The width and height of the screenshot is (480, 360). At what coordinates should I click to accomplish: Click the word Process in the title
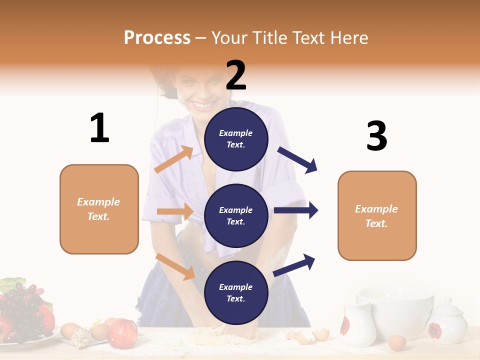click(157, 37)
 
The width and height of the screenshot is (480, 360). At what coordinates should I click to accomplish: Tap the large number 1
click(99, 128)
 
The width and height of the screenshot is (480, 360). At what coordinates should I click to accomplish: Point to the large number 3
click(376, 136)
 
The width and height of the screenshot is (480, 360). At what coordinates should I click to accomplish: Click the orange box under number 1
click(99, 209)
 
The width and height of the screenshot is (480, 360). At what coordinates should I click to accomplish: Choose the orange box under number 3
click(377, 215)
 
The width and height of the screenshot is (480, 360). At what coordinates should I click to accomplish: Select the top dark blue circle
click(236, 138)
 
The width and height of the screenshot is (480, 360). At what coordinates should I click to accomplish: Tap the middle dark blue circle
click(236, 215)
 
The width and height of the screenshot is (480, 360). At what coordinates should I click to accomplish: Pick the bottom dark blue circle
click(236, 292)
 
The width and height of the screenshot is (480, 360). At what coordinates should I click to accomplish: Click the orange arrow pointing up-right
click(174, 159)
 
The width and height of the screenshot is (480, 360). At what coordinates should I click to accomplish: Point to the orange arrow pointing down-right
click(175, 266)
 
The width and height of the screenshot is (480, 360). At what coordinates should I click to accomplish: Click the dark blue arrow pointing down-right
click(297, 160)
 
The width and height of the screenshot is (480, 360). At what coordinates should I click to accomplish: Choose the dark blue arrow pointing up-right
click(294, 265)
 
